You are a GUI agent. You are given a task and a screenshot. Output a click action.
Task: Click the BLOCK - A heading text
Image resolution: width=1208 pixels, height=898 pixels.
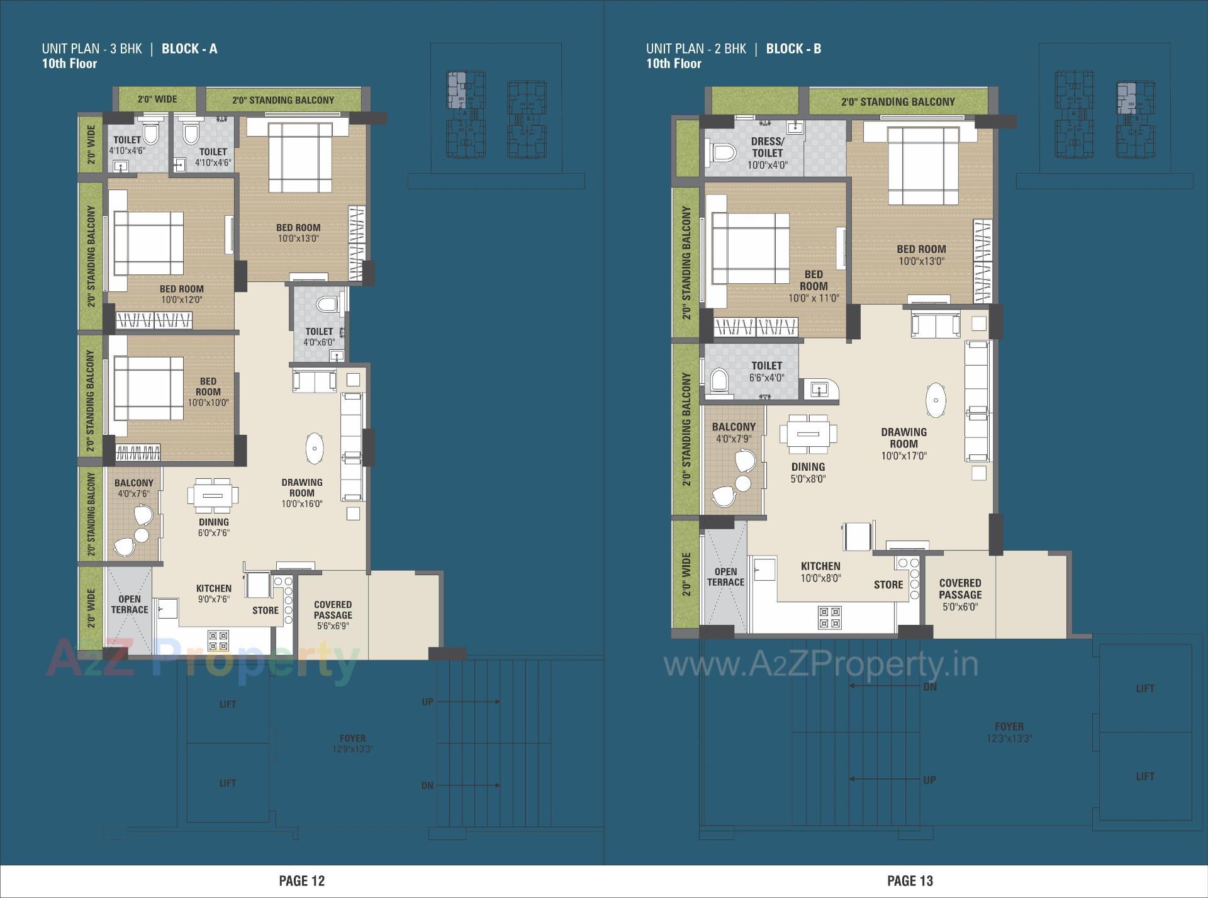tap(189, 49)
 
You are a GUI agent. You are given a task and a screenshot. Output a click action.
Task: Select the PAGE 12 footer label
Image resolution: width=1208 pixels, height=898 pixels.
tap(301, 880)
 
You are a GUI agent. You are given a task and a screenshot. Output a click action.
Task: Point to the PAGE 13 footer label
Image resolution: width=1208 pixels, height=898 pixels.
tap(910, 880)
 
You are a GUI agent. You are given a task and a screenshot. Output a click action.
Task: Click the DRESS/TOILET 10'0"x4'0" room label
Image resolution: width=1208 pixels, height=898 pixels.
tap(767, 153)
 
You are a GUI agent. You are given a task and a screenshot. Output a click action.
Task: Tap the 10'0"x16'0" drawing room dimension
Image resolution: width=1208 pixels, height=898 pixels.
tap(302, 504)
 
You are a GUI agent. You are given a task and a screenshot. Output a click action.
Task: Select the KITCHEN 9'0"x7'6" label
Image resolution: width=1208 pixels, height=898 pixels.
tap(213, 593)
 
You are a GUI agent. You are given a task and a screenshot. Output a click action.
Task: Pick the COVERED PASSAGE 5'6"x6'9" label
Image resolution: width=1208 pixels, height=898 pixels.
tap(333, 615)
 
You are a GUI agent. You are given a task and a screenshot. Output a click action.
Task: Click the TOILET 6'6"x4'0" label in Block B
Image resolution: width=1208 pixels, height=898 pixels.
tap(766, 371)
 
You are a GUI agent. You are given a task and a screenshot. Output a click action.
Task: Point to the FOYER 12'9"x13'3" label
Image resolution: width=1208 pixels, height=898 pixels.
tap(352, 743)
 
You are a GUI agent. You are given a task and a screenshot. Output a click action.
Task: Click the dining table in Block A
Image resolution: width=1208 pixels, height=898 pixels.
tap(213, 494)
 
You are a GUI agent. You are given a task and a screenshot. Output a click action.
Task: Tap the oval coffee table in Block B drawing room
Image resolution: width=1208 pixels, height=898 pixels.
tap(936, 400)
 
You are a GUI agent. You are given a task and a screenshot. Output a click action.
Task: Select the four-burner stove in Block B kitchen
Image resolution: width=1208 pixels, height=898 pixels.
tap(829, 617)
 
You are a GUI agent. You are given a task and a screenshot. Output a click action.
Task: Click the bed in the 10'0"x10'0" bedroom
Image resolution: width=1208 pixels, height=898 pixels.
tap(148, 388)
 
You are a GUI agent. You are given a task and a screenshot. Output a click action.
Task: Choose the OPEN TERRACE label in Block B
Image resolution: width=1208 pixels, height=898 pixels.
tap(725, 576)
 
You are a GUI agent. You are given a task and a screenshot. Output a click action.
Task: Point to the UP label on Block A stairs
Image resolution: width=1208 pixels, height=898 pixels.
tap(427, 702)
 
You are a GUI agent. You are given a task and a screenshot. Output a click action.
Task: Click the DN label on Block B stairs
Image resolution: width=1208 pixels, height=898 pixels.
tap(929, 687)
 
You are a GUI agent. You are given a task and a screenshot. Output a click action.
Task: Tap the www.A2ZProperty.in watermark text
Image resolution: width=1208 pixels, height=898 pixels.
tap(821, 665)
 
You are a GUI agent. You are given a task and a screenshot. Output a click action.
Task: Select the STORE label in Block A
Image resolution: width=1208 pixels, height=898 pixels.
tap(265, 610)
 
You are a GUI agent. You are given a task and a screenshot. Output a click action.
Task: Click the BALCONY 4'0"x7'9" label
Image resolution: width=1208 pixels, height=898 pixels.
tap(734, 432)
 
